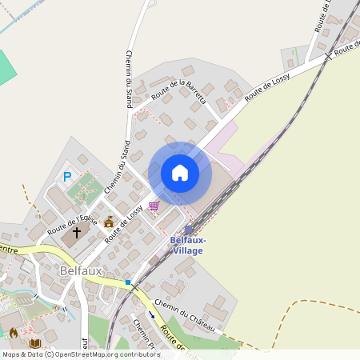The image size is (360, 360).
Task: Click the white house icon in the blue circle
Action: coord(180,173)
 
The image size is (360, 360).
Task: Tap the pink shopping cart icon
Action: coord(154,206)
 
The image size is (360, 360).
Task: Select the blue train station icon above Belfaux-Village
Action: coord(189,230)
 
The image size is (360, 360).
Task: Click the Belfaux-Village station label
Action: coord(188,245)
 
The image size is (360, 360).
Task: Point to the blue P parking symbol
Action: coord(67,177)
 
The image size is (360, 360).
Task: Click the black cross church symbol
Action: coord(77,233)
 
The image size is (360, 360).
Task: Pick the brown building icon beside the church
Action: coord(108,222)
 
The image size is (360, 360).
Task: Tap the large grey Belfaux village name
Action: coord(81,271)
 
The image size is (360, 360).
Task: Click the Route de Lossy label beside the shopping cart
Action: coord(125,222)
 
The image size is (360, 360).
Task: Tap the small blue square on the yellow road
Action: coord(127,282)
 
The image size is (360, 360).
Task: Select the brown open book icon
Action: coord(34,343)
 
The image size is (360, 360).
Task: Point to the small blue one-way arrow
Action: coord(151,314)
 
